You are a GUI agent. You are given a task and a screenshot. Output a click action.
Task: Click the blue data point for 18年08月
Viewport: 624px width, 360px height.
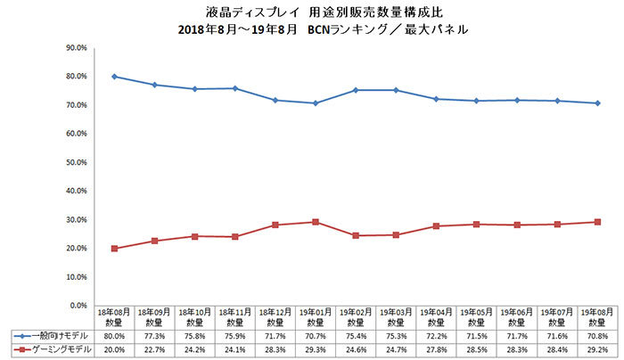pyautogui.click(x=115, y=77)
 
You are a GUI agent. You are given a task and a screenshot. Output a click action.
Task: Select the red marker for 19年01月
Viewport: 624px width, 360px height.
pyautogui.click(x=316, y=222)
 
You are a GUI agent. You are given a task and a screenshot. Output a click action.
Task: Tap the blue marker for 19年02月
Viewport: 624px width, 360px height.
pyautogui.click(x=356, y=90)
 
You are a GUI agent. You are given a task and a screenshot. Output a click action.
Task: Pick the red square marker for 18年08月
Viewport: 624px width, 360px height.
pyautogui.click(x=115, y=248)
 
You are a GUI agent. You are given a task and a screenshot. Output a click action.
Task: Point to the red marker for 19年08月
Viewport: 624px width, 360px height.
pyautogui.click(x=596, y=222)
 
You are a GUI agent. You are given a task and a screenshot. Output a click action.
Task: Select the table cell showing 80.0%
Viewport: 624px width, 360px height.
pyautogui.click(x=115, y=335)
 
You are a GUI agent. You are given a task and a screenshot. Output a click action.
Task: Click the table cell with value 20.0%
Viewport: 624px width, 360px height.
pyautogui.click(x=115, y=349)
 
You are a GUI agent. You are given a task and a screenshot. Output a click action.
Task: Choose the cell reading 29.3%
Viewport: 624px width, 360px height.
pyautogui.click(x=316, y=349)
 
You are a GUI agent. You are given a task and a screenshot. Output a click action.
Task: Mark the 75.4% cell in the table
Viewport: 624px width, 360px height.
pyautogui.click(x=356, y=335)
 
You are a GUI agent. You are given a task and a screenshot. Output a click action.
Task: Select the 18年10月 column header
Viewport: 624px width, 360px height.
pyautogui.click(x=195, y=316)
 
